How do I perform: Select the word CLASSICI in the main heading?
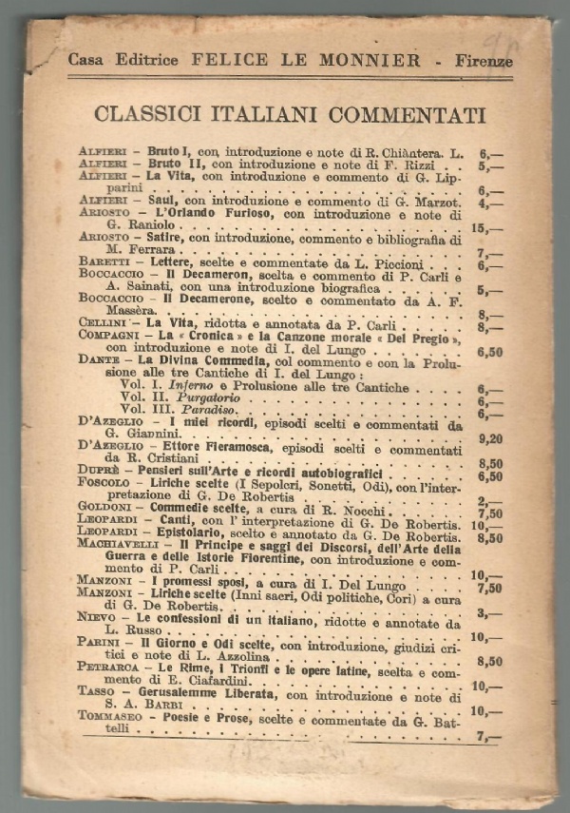pos(147,115)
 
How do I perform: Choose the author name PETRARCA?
pos(104,668)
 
